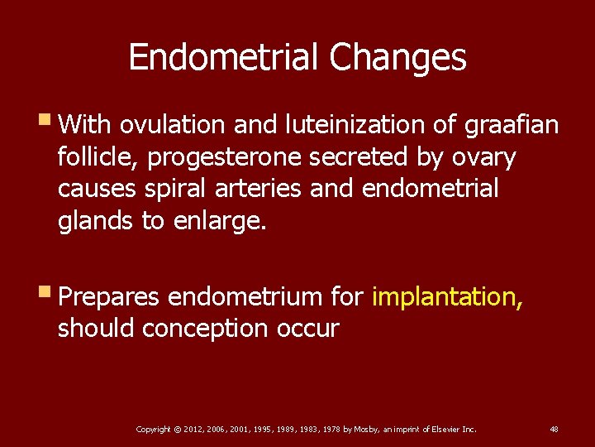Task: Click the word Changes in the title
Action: (x=397, y=58)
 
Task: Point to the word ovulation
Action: (x=172, y=125)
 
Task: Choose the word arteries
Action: (x=261, y=189)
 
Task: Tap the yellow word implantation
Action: (x=447, y=296)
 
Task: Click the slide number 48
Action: (x=554, y=429)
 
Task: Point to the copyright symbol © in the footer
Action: (x=178, y=429)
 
